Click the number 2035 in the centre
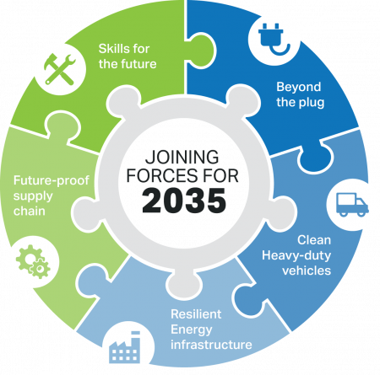(x=184, y=201)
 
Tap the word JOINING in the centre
(x=182, y=157)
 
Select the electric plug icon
(x=274, y=39)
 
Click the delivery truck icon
(x=352, y=205)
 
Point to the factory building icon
(x=124, y=347)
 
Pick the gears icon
(x=33, y=261)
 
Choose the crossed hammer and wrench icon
(x=60, y=69)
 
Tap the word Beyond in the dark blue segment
(x=299, y=87)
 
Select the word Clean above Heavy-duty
(x=314, y=240)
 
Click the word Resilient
(x=196, y=314)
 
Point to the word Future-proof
(x=52, y=180)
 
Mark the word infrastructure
(x=211, y=345)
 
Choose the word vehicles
(x=307, y=271)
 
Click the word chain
(x=30, y=211)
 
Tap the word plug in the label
(x=312, y=103)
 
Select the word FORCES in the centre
(x=158, y=176)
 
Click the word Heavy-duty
(x=296, y=256)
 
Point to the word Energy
(x=192, y=330)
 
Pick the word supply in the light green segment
(x=33, y=196)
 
